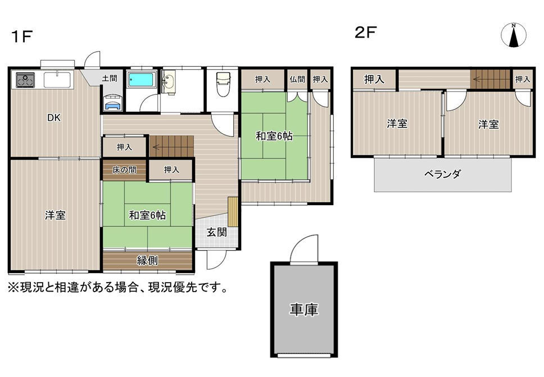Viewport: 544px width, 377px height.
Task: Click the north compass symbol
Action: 514,35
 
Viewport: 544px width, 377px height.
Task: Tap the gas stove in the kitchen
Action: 25,80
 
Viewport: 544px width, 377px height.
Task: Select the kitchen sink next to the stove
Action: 57,80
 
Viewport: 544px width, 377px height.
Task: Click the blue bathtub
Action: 141,79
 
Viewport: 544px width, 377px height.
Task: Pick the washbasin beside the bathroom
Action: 169,82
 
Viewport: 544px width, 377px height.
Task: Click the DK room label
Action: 54,118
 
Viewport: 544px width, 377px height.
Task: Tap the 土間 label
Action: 110,79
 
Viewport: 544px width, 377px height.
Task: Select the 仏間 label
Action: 297,79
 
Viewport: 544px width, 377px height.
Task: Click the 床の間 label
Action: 124,170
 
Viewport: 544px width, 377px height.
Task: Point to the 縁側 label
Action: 147,260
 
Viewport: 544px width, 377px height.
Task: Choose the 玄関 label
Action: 217,232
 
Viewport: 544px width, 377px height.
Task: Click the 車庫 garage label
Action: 304,310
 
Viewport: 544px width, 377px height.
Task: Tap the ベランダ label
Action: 443,174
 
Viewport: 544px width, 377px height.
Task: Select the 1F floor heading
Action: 22,36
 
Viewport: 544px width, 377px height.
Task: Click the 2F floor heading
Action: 366,32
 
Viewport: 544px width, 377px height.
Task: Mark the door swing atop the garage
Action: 304,249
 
